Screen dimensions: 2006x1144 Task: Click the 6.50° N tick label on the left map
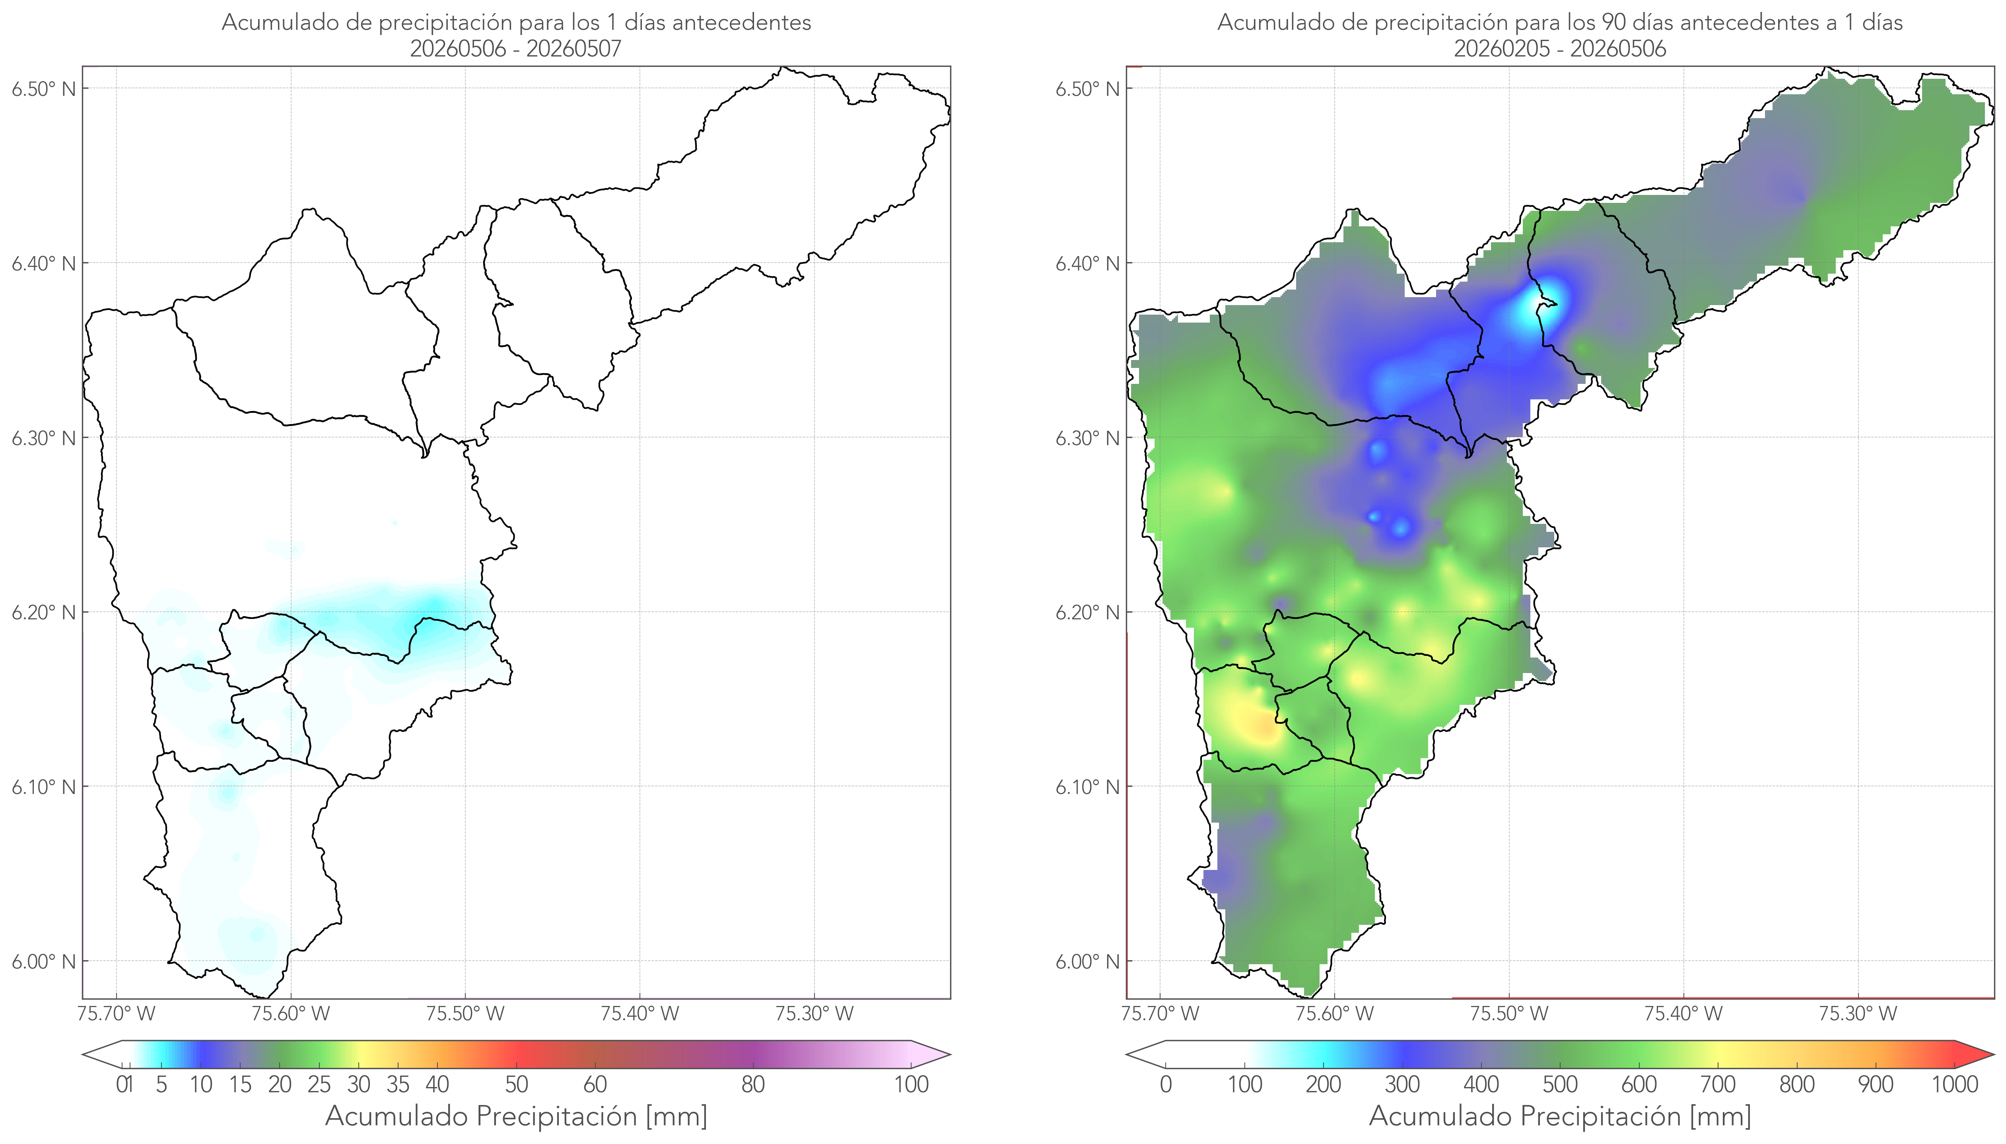pos(44,89)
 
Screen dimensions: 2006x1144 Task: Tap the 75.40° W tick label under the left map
pos(640,1014)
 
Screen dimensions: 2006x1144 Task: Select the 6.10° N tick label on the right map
pos(1088,786)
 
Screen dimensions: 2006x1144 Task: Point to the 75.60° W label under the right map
pos(1334,1014)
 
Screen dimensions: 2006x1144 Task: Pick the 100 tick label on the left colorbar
pos(911,1084)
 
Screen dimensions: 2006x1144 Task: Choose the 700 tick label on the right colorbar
pos(1718,1084)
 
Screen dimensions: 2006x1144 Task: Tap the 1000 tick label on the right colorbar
pos(1954,1084)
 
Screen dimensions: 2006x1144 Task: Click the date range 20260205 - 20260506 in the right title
pos(1560,49)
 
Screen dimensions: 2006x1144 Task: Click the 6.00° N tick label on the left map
pos(44,962)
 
